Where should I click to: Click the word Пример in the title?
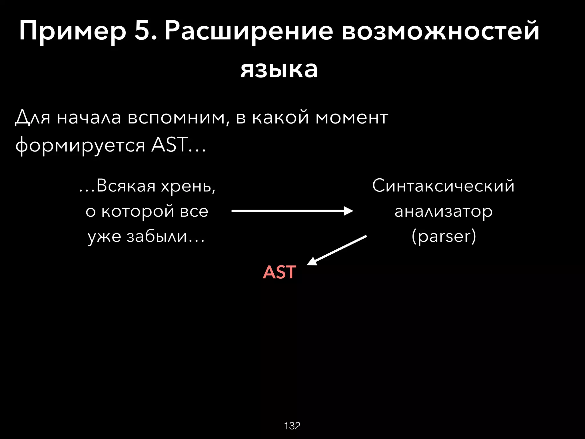(x=73, y=31)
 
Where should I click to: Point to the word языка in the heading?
(x=279, y=69)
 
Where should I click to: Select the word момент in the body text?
(x=352, y=117)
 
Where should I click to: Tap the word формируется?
(x=80, y=145)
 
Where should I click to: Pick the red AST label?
(x=279, y=272)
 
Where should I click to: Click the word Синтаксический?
(x=443, y=186)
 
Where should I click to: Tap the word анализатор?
(x=444, y=211)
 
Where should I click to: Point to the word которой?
(x=138, y=211)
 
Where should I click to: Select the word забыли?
(x=157, y=237)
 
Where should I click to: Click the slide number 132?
(x=292, y=426)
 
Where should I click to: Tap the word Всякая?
(x=126, y=186)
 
